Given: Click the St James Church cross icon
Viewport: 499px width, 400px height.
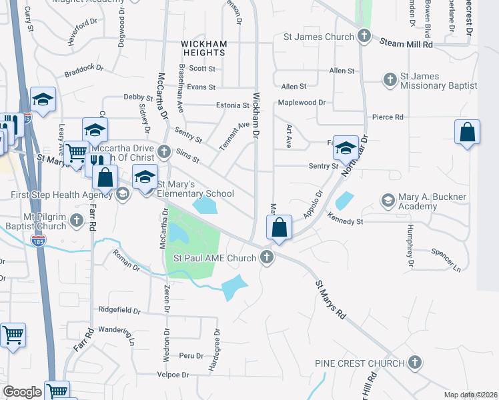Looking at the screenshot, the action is (364, 37).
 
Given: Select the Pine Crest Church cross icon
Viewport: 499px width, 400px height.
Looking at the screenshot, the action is (414, 363).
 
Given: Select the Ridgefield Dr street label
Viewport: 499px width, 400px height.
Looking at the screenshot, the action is (119, 310).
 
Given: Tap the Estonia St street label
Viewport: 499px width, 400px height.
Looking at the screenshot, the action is (232, 105).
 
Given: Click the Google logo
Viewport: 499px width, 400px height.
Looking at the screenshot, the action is (22, 391).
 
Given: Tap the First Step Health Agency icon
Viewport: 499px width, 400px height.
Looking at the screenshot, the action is (121, 194).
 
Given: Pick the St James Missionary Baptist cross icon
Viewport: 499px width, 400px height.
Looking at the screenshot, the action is (390, 80).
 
